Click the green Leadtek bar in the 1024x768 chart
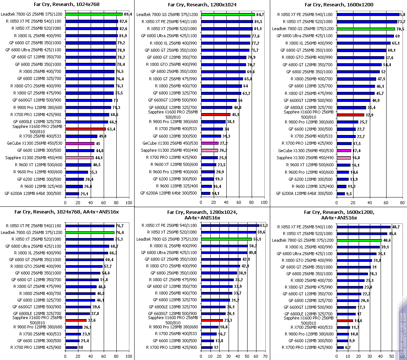94,14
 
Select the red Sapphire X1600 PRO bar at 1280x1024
216,115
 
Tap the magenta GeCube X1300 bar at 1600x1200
344,151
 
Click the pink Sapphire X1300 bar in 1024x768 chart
80,158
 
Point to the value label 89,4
128,14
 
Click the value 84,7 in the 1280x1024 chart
260,15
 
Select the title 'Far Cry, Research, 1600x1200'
338,5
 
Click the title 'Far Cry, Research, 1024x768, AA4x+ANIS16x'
67,212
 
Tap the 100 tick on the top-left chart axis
129,203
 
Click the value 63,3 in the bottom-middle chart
264,225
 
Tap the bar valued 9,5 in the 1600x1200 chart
340,193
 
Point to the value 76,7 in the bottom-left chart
119,226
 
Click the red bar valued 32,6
76,320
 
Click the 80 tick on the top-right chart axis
402,203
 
